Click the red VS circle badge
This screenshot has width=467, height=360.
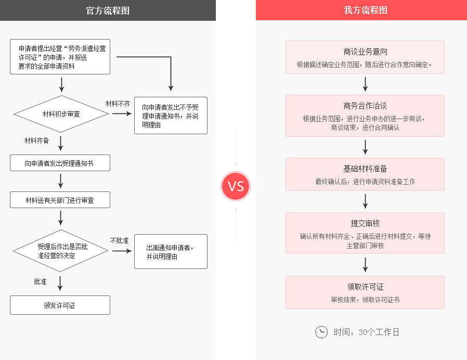point(236,186)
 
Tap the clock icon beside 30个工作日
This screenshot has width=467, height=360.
point(321,332)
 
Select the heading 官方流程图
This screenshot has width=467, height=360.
point(108,11)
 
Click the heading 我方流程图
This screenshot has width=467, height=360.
point(366,10)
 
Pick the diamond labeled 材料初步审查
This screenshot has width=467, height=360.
point(61,114)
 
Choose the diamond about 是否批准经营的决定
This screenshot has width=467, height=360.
point(60,251)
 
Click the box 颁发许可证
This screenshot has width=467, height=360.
point(60,305)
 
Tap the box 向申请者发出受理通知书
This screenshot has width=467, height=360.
point(60,163)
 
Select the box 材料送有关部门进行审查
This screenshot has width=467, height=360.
point(60,200)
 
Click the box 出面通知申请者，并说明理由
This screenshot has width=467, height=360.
point(171,251)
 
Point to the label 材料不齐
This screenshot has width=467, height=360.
point(118,104)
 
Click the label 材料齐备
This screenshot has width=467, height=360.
point(36,140)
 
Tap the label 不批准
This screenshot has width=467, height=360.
point(119,240)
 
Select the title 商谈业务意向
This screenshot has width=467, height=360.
point(365,52)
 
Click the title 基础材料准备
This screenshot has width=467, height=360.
point(365,169)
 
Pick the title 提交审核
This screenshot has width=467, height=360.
point(365,224)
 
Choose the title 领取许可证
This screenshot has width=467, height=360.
point(365,287)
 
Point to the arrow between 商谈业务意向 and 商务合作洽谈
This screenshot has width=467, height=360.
point(365,84)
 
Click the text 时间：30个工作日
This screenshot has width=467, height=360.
point(366,332)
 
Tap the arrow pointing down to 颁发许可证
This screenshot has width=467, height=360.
point(60,284)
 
